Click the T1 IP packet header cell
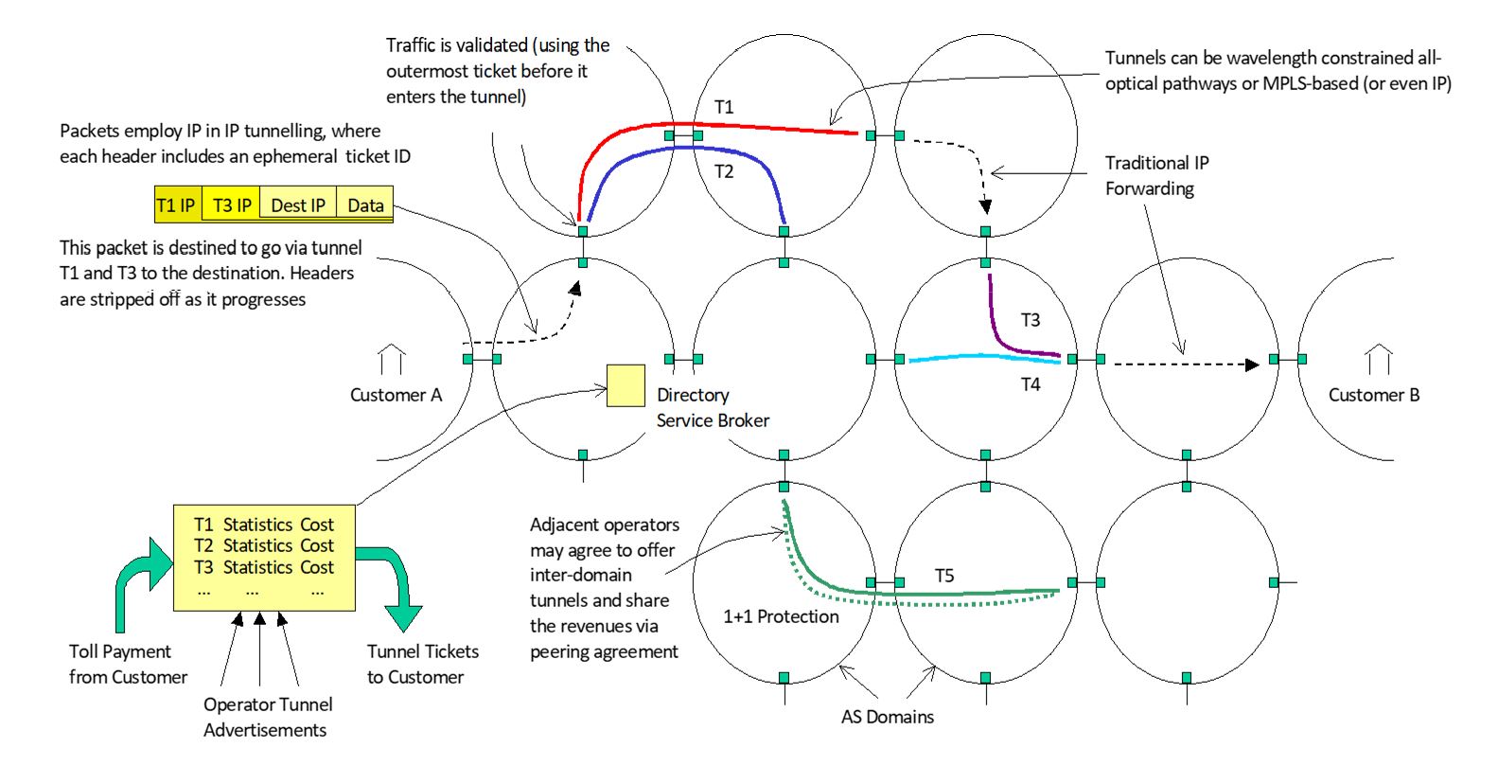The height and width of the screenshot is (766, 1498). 177,205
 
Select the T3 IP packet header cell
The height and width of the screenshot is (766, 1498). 231,205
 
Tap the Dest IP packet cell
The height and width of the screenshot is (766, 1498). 297,205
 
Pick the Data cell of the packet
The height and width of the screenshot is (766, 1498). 365,205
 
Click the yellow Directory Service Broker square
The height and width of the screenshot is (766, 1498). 626,385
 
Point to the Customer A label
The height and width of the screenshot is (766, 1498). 396,395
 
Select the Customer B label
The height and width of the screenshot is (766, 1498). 1373,395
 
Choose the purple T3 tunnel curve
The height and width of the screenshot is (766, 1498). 998,332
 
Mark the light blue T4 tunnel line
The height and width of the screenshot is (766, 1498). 984,356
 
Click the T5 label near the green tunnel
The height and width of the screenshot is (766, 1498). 943,576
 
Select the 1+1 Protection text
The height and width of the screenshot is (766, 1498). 781,616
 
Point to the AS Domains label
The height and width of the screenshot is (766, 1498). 887,717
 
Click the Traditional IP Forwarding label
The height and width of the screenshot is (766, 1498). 1156,175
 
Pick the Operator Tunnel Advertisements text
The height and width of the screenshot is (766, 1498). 267,717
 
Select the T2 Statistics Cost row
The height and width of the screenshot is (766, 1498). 264,545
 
